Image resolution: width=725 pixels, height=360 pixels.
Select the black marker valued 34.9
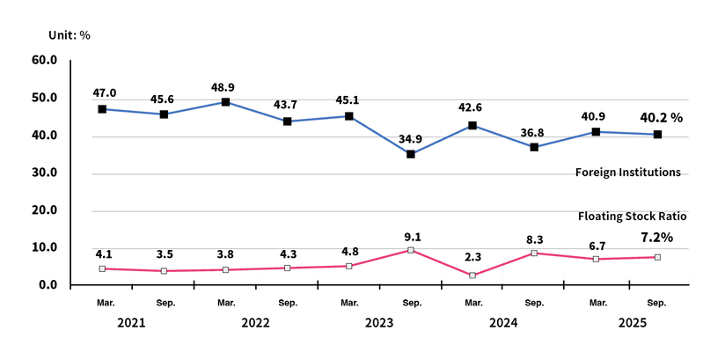coord(411,154)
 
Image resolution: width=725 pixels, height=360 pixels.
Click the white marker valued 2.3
coord(472,276)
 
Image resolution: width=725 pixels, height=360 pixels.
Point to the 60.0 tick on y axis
coord(44,60)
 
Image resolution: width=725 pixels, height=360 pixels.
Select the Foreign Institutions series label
coord(628,173)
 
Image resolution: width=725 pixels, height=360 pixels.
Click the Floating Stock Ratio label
coord(632,216)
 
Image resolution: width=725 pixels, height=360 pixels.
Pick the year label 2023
coord(379,323)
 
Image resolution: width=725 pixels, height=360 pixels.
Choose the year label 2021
coord(131,323)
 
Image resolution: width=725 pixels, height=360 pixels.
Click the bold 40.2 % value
coord(661,117)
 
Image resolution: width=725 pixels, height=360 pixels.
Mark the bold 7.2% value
coord(656,237)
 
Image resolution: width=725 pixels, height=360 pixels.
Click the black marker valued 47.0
coord(103,109)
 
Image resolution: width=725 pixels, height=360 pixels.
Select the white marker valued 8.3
coord(534,253)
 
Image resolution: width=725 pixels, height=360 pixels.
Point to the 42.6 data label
coord(472,108)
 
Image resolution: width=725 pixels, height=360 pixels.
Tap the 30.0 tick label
coord(44,173)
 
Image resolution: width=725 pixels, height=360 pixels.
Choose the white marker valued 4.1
coord(103,268)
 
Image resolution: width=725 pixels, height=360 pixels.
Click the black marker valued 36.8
coord(534,147)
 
